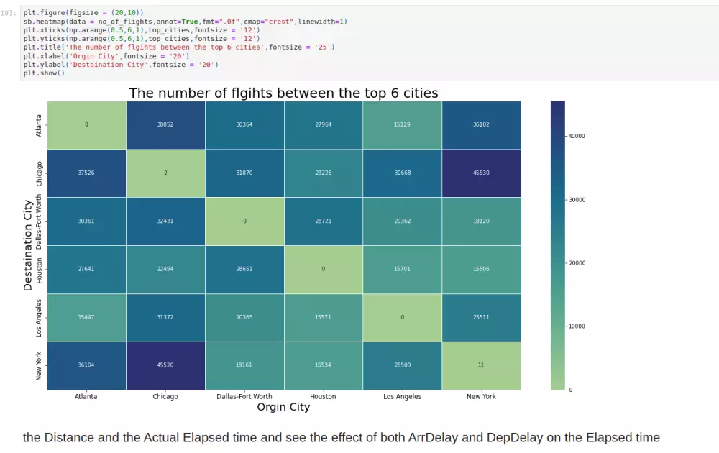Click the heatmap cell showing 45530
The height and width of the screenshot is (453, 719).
click(x=481, y=173)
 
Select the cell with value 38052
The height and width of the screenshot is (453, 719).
click(x=165, y=124)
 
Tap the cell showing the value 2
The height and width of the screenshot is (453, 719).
click(x=165, y=173)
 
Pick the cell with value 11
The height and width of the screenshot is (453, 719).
click(x=481, y=365)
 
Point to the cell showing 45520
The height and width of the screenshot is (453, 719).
click(x=165, y=365)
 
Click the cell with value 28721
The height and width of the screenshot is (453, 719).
click(x=323, y=221)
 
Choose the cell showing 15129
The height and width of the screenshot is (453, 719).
click(x=402, y=124)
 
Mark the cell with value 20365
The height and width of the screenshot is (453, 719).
click(x=244, y=317)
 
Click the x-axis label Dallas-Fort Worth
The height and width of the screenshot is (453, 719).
click(x=244, y=396)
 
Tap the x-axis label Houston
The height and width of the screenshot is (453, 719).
click(x=323, y=396)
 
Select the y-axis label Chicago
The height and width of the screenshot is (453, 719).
click(x=39, y=173)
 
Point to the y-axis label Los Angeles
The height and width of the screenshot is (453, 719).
click(x=39, y=317)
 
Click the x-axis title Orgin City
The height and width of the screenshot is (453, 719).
click(x=283, y=408)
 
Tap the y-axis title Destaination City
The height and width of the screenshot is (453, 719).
click(x=28, y=244)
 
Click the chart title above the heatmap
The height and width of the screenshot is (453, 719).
click(x=283, y=93)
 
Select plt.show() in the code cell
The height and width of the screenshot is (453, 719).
click(x=44, y=73)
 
